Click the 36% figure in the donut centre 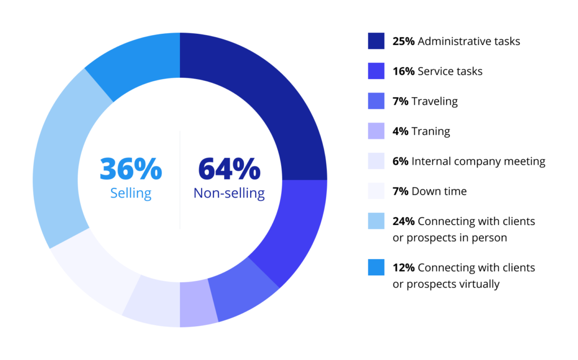pyautogui.click(x=131, y=168)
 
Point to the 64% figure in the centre pyautogui.click(x=229, y=168)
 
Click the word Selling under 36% pyautogui.click(x=131, y=194)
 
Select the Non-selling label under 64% pyautogui.click(x=229, y=194)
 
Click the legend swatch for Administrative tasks pyautogui.click(x=376, y=41)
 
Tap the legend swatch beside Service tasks pyautogui.click(x=376, y=71)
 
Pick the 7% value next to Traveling pyautogui.click(x=400, y=102)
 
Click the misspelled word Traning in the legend pyautogui.click(x=431, y=131)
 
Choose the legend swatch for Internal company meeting pyautogui.click(x=376, y=161)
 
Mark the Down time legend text pyautogui.click(x=439, y=191)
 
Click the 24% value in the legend pyautogui.click(x=404, y=221)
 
